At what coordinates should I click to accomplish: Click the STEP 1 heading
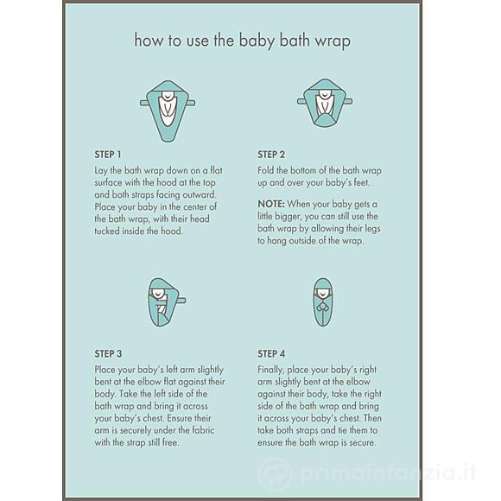[108, 155]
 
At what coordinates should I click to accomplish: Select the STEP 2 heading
[271, 155]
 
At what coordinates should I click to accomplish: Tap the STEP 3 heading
[108, 353]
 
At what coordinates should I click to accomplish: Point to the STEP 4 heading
[271, 353]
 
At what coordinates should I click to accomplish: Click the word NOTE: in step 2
[271, 204]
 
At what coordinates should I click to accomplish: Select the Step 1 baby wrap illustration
[168, 111]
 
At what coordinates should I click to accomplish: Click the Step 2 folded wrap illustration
[325, 103]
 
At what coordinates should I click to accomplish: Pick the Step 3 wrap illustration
[166, 302]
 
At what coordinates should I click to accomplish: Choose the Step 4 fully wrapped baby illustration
[322, 302]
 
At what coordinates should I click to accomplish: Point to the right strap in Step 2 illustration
[348, 102]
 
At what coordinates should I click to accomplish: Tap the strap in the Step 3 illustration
[181, 301]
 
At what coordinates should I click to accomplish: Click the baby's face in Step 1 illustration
[168, 95]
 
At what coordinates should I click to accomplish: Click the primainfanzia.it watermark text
[389, 472]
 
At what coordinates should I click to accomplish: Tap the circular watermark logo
[275, 473]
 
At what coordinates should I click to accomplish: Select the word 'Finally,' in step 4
[270, 370]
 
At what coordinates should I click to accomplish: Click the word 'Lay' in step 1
[101, 171]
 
